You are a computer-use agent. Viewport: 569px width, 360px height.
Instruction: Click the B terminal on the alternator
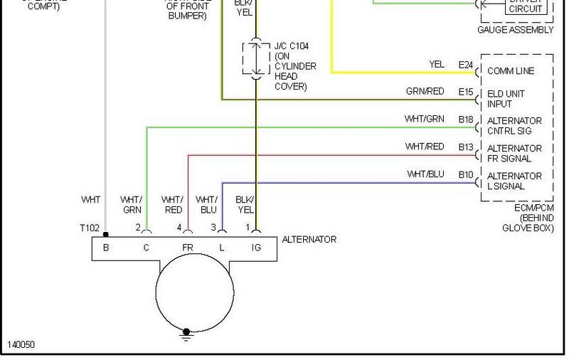(105, 248)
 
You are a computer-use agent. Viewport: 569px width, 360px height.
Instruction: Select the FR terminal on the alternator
(188, 248)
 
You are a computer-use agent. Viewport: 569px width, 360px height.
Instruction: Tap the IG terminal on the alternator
(256, 248)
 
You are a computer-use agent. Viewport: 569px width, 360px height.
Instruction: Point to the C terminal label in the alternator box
(146, 248)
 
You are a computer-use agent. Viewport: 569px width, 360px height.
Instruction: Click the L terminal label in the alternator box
(222, 248)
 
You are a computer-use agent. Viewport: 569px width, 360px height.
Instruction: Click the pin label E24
(466, 65)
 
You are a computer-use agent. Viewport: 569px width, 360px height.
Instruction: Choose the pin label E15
(466, 92)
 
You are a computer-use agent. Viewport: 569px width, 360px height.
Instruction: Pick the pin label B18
(466, 120)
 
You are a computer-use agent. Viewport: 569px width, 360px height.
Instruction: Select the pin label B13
(466, 147)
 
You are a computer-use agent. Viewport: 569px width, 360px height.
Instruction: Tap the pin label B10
(466, 174)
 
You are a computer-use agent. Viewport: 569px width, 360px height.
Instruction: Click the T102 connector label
(90, 228)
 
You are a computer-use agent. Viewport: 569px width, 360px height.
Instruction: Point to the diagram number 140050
(21, 345)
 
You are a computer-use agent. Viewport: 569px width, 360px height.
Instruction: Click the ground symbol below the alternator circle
(187, 334)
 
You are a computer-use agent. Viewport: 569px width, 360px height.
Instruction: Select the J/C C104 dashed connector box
(256, 58)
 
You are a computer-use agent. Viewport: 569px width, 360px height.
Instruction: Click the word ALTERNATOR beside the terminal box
(309, 240)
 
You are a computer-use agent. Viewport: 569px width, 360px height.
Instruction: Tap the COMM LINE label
(511, 71)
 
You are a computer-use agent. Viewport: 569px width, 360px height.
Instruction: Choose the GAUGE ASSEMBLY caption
(516, 31)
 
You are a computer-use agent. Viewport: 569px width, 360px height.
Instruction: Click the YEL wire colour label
(437, 65)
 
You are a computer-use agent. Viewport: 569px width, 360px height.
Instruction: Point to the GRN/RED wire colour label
(425, 92)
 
